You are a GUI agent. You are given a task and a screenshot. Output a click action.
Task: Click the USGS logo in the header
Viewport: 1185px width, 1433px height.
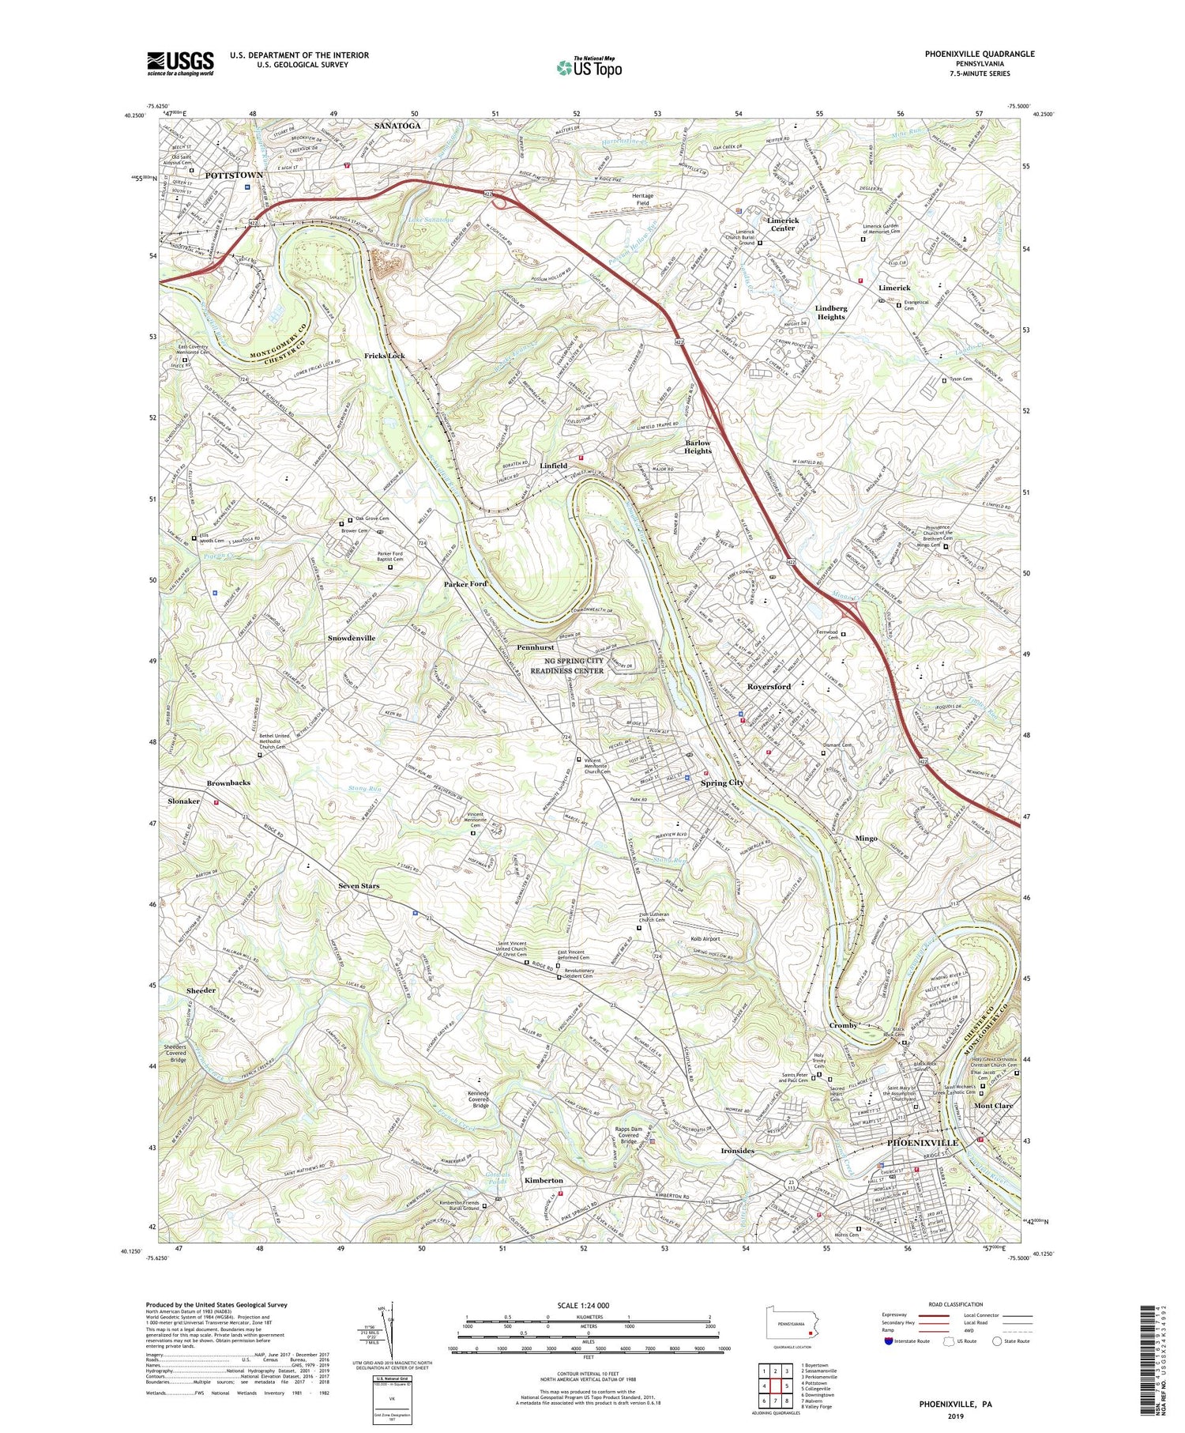[180, 63]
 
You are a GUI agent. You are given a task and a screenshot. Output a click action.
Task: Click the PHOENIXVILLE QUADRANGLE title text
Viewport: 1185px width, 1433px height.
[969, 54]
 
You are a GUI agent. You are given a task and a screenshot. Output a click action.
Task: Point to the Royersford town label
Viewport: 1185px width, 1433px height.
[769, 687]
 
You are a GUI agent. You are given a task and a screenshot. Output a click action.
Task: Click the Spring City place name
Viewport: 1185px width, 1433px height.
[722, 782]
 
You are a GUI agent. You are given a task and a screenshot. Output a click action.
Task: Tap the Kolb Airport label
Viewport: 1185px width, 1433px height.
[698, 939]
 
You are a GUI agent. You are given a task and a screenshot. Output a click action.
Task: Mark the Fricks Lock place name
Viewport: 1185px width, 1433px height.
[385, 356]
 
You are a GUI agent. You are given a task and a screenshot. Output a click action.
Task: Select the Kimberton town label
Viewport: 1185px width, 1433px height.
[544, 1180]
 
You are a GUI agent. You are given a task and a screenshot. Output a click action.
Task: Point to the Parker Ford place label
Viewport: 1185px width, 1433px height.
[465, 584]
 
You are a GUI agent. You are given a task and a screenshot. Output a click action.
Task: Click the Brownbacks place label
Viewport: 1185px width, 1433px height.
[228, 782]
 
